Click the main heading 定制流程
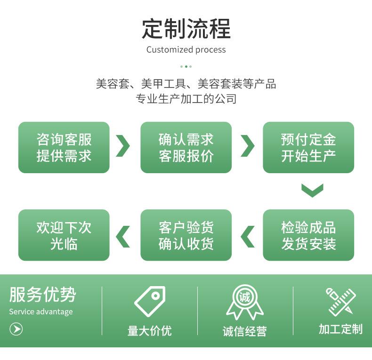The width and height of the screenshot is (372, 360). pyautogui.click(x=186, y=29)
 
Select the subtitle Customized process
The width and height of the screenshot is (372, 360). pyautogui.click(x=186, y=50)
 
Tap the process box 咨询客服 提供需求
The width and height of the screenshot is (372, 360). pyautogui.click(x=64, y=147)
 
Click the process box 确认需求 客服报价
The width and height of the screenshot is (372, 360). pyautogui.click(x=186, y=147)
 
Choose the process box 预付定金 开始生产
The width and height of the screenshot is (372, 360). pyautogui.click(x=308, y=147)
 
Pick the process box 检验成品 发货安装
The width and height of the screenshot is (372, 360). pyautogui.click(x=308, y=235)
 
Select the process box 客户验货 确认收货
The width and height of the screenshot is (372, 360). pyautogui.click(x=186, y=235)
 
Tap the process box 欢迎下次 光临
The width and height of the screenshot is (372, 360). pyautogui.click(x=64, y=235)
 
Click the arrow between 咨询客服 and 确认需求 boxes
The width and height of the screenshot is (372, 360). pyautogui.click(x=123, y=146)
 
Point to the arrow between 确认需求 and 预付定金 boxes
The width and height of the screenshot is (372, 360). pyautogui.click(x=247, y=146)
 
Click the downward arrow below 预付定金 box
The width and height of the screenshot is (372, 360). pyautogui.click(x=312, y=190)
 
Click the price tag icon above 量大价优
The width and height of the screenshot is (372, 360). pyautogui.click(x=150, y=301)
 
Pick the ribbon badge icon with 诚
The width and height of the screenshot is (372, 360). pyautogui.click(x=244, y=302)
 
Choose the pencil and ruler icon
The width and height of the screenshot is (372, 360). pyautogui.click(x=341, y=302)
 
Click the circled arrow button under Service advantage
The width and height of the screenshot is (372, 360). pyautogui.click(x=16, y=329)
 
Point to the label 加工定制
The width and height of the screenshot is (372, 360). pyautogui.click(x=340, y=329)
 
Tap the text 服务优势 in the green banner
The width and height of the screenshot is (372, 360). pyautogui.click(x=42, y=295)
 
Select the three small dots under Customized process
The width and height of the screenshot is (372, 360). pyautogui.click(x=186, y=66)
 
